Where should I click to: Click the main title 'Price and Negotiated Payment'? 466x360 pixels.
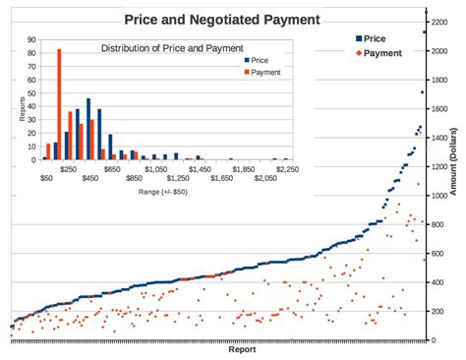tap(221, 19)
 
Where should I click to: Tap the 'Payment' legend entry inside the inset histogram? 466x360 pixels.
tap(265, 72)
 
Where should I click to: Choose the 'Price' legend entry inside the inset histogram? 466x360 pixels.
tap(260, 60)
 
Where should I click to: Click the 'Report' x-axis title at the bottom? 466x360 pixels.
tap(242, 349)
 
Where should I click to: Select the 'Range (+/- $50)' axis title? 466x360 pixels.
tap(163, 193)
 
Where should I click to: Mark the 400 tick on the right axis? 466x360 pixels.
tap(439, 282)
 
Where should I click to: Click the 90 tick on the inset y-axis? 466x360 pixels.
tap(33, 40)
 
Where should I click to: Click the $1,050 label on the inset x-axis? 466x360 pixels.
tap(155, 168)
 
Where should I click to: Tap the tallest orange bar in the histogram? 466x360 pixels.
tap(59, 103)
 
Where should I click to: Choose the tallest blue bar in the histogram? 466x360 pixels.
tap(88, 128)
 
